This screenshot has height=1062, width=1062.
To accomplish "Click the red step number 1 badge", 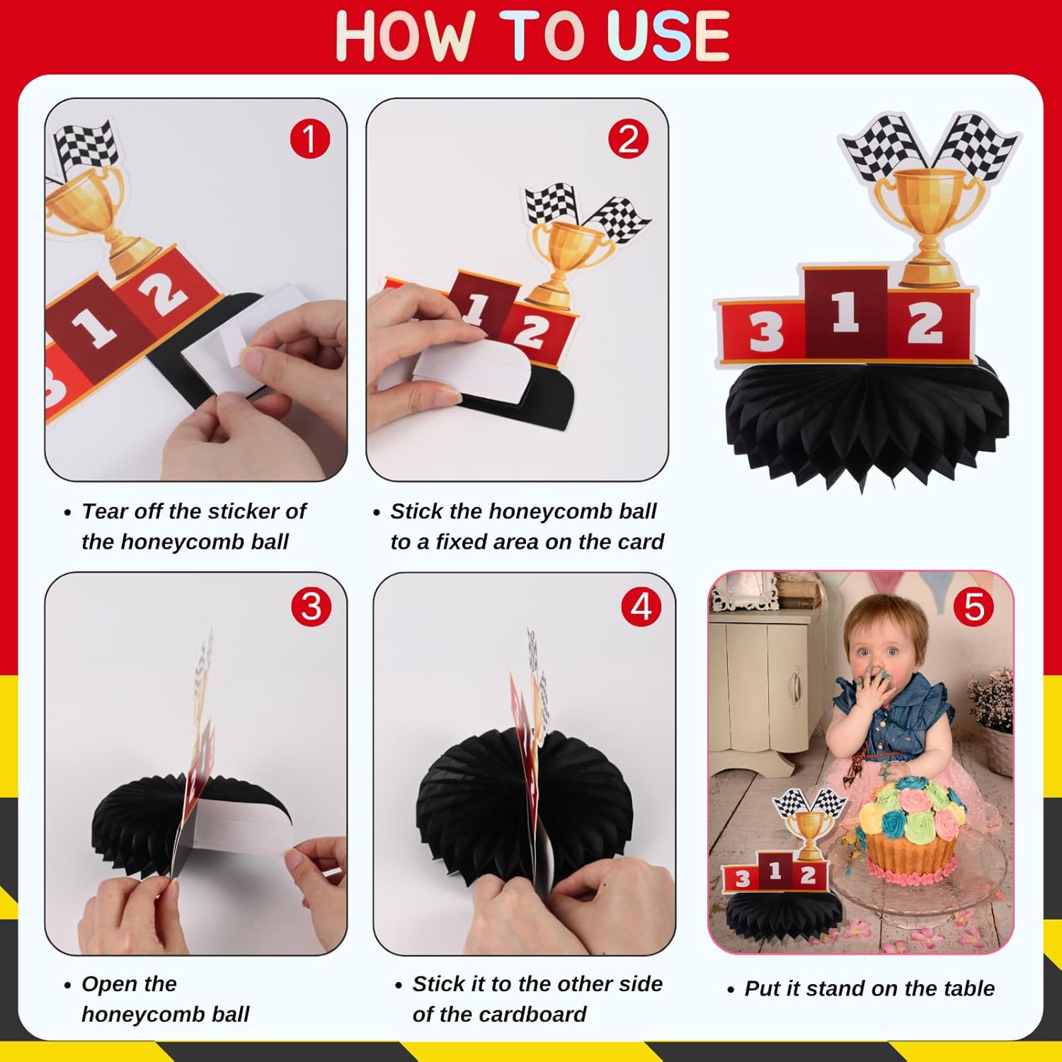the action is pyautogui.click(x=310, y=139).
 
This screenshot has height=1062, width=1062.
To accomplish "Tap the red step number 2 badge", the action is pyautogui.click(x=629, y=139).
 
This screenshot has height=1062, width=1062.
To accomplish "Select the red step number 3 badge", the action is pyautogui.click(x=311, y=607).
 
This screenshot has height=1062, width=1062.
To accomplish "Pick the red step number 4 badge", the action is pyautogui.click(x=641, y=607).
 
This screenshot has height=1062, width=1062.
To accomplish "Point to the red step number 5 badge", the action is pyautogui.click(x=974, y=607).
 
